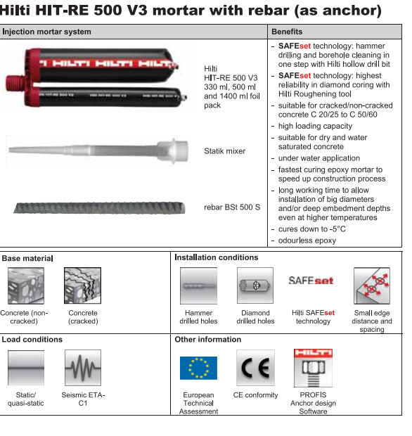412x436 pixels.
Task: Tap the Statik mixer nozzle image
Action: tap(98, 150)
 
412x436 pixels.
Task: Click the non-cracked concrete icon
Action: tap(26, 286)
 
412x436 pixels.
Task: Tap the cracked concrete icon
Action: tap(82, 286)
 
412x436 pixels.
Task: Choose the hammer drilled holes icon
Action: tap(198, 286)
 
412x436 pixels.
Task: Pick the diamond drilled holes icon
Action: tap(255, 286)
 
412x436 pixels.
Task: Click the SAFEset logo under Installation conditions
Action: tap(311, 281)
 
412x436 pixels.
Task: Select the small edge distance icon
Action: tap(373, 286)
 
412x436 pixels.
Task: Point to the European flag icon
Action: tap(198, 368)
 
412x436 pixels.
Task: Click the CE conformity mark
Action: tap(255, 368)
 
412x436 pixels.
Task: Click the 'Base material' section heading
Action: tap(27, 258)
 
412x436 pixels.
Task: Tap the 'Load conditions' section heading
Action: tap(32, 340)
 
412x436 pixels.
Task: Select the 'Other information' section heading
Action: tap(207, 340)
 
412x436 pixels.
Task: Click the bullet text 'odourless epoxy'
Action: tap(307, 241)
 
